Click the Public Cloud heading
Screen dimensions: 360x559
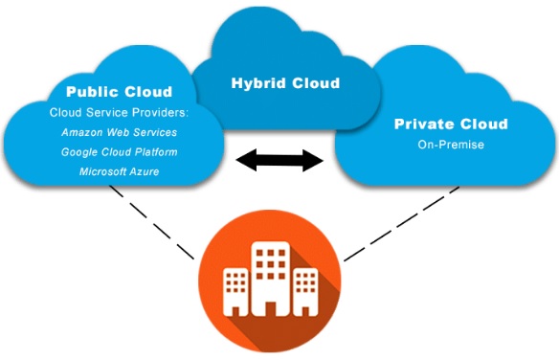[x=120, y=93]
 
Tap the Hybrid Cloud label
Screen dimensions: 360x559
[x=285, y=82]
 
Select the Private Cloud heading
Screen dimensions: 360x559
[x=451, y=124]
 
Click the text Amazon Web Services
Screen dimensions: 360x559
[x=120, y=132]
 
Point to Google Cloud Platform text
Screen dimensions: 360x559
[x=120, y=152]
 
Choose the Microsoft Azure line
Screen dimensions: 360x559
[x=120, y=171]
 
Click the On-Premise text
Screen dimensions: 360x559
[x=451, y=146]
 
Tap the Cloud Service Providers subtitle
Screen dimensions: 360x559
[x=119, y=112]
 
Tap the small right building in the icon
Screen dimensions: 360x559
[x=304, y=291]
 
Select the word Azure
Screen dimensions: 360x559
[x=142, y=171]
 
